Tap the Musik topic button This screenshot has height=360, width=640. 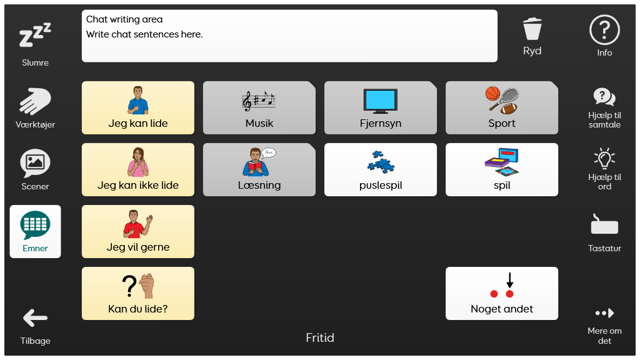259,107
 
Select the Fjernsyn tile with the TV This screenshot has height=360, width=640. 381,107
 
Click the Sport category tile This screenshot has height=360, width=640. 502,107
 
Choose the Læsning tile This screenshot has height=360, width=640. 259,169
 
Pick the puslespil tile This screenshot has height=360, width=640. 381,169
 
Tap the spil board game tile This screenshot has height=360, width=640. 502,169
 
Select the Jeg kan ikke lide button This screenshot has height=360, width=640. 138,169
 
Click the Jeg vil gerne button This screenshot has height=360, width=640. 138,231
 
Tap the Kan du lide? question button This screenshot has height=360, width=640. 138,294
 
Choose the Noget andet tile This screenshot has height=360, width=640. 502,294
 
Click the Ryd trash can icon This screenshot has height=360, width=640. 532,29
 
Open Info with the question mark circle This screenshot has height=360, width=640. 604,30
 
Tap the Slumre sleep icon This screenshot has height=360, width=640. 35,35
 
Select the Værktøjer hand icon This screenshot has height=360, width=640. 35,101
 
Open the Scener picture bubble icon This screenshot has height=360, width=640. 35,163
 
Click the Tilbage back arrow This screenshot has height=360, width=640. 35,318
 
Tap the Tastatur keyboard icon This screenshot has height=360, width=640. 604,224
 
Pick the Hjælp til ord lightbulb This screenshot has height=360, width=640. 604,158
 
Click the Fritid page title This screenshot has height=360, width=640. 320,337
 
